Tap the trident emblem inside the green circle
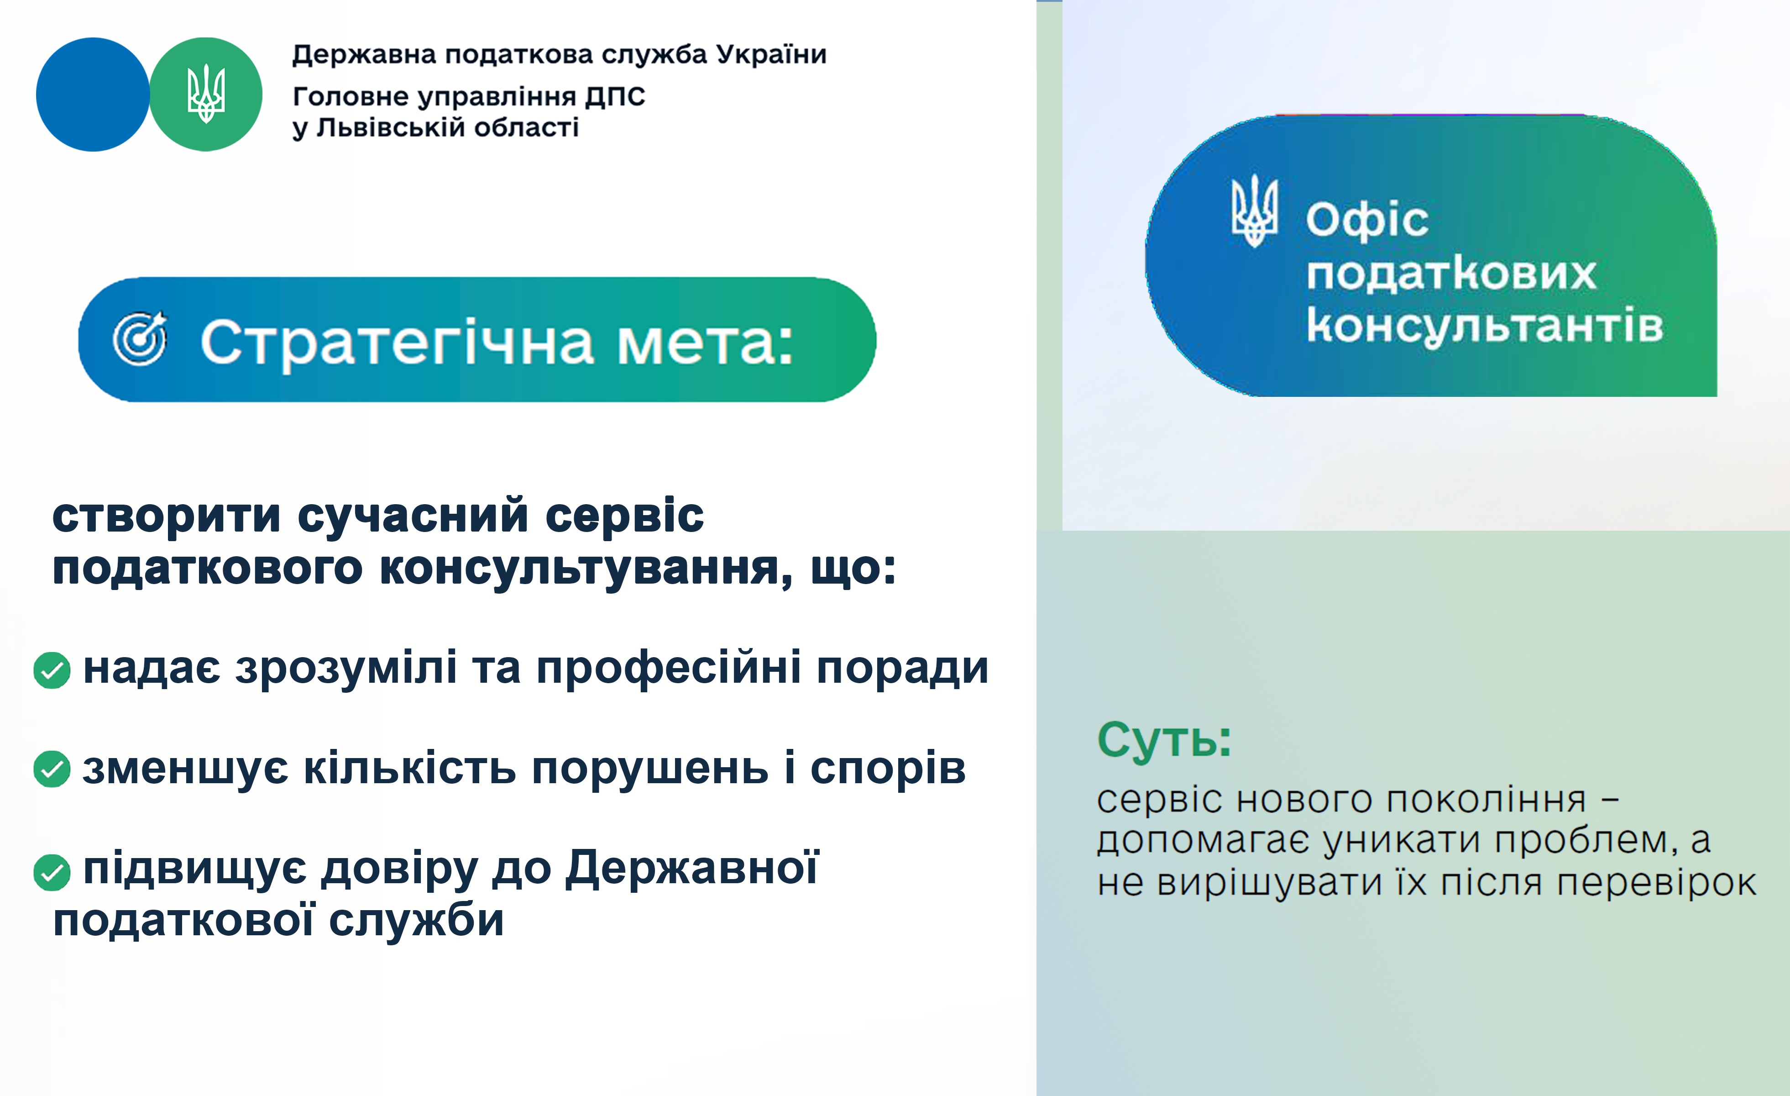[x=206, y=94]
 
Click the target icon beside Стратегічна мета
[x=140, y=339]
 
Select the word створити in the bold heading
[x=167, y=516]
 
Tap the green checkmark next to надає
[x=52, y=670]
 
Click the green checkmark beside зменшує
[x=52, y=769]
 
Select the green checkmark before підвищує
[x=52, y=873]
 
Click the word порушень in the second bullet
[x=650, y=769]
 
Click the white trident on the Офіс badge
[x=1255, y=211]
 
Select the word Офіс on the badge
[x=1367, y=220]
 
